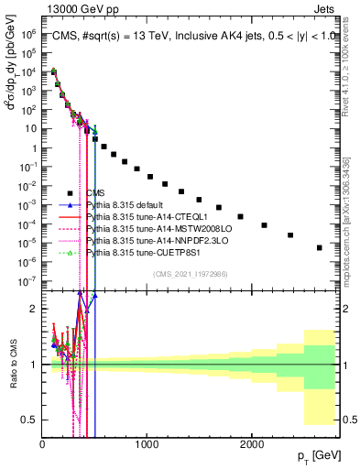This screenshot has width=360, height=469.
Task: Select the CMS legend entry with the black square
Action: coord(95,193)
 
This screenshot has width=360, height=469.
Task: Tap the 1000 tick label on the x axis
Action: coord(147,443)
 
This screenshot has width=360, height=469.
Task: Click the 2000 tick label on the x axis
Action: coord(251,443)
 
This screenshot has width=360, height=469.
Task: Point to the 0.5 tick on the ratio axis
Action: coord(30,420)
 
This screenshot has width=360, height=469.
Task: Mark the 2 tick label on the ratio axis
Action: coord(34,309)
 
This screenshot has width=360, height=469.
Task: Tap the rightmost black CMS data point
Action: coord(319,247)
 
